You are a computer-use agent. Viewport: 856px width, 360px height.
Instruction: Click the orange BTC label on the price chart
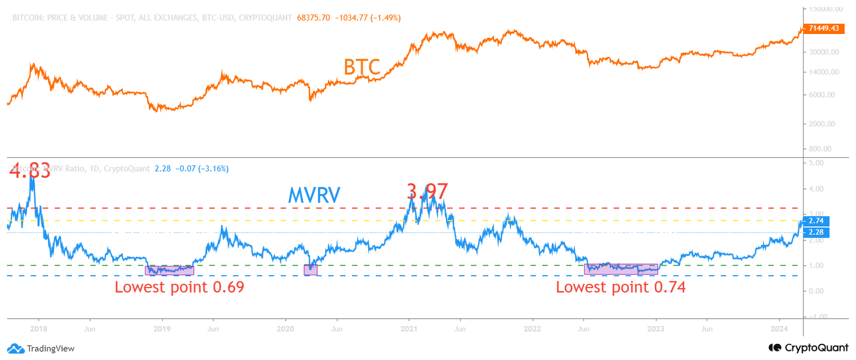pyautogui.click(x=362, y=67)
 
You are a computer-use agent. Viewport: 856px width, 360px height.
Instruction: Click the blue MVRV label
pyautogui.click(x=314, y=195)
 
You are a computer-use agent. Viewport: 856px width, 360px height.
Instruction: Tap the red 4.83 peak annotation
pyautogui.click(x=30, y=171)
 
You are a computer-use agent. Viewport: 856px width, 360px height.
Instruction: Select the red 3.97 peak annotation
pyautogui.click(x=427, y=192)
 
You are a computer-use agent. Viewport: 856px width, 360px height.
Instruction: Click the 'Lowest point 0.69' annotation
pyautogui.click(x=179, y=288)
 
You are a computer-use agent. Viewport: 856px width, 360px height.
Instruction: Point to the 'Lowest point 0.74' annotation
pyautogui.click(x=620, y=288)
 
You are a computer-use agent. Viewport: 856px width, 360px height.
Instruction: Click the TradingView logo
pyautogui.click(x=41, y=349)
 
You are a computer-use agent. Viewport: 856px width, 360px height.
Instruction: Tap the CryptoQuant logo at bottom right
pyautogui.click(x=809, y=348)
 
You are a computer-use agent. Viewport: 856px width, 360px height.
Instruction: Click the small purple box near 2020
pyautogui.click(x=310, y=270)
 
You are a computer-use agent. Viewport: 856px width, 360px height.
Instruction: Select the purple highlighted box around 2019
pyautogui.click(x=169, y=270)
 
